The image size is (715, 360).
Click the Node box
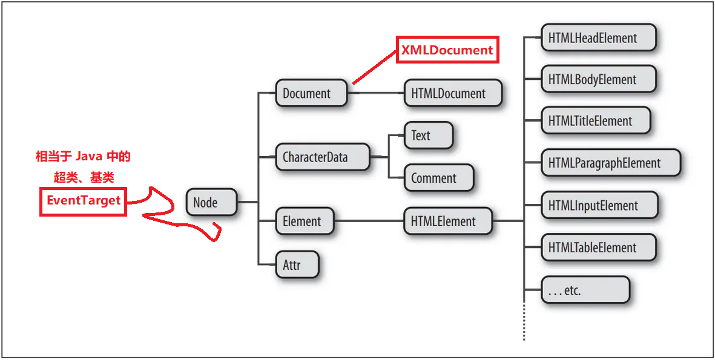[x=211, y=202]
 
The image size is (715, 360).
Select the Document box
[x=311, y=94]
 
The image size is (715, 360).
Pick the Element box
[x=304, y=221]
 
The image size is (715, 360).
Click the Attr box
[x=297, y=265]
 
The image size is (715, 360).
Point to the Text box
[x=427, y=136]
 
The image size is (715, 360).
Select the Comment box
[x=438, y=178]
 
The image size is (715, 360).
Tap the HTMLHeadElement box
[x=598, y=38]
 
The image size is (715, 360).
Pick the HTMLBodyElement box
[x=598, y=80]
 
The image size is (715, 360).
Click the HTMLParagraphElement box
[x=610, y=163]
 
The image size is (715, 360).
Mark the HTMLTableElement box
[x=598, y=247]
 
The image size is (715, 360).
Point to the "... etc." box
[x=584, y=290]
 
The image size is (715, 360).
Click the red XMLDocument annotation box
[x=447, y=50]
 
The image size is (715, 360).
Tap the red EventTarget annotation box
[x=84, y=200]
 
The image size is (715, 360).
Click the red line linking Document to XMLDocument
[x=374, y=67]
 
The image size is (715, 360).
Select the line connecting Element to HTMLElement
[x=369, y=221]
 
